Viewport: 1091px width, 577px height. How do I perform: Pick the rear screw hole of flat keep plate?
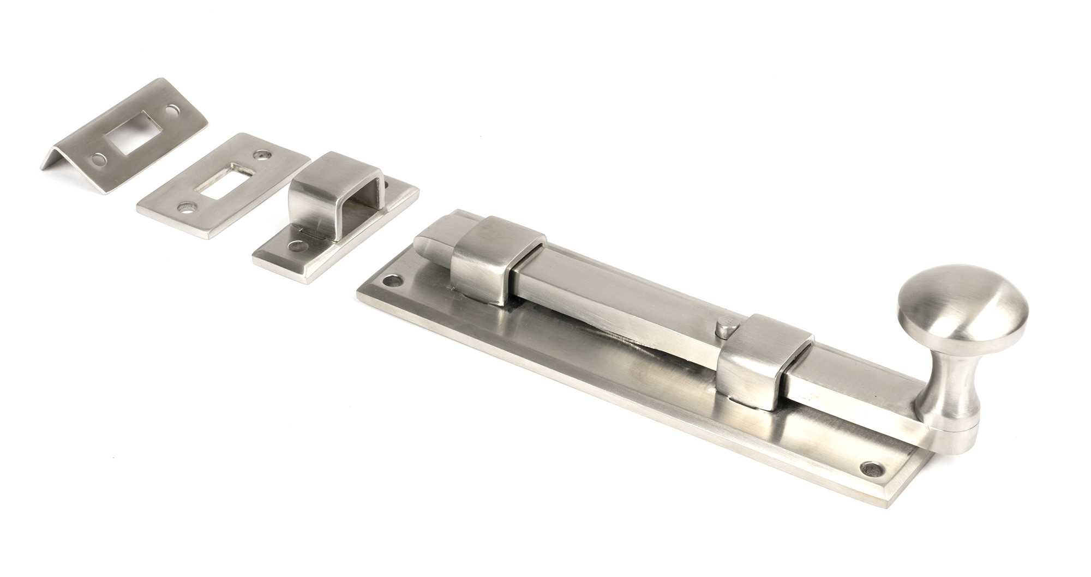[266, 154]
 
